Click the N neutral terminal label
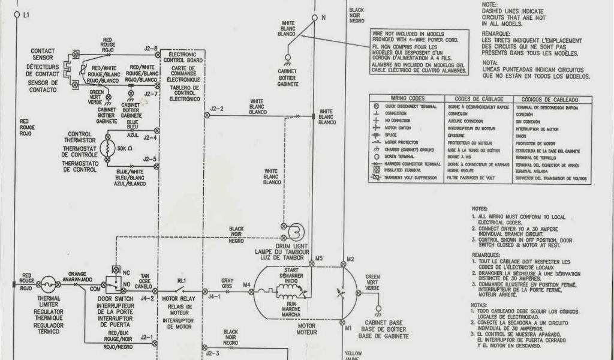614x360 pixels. tap(323, 17)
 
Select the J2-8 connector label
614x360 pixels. tap(151, 47)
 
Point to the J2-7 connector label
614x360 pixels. tap(151, 94)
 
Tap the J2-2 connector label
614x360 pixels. tap(217, 109)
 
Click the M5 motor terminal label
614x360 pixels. tap(319, 259)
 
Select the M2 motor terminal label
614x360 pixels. tap(351, 259)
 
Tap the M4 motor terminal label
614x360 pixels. tap(246, 284)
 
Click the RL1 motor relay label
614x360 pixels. tap(181, 280)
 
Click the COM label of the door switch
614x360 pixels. tap(95, 289)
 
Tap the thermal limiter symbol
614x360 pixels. tap(49, 280)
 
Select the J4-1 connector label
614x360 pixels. tap(213, 296)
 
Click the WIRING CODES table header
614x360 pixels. tap(407, 98)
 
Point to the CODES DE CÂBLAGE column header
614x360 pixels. tap(479, 98)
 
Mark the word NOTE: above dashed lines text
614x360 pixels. tap(490, 5)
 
